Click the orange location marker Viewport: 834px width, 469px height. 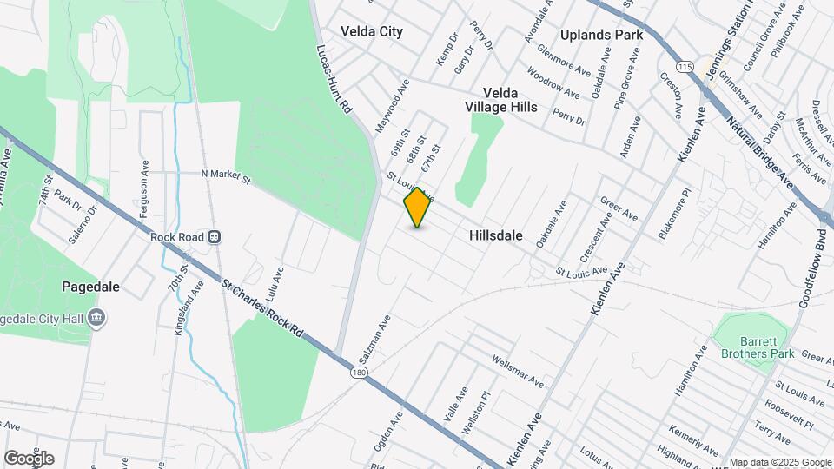[418, 208]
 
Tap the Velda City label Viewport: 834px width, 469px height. [372, 31]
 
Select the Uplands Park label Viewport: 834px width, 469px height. [601, 35]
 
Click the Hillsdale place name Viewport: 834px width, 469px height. [495, 235]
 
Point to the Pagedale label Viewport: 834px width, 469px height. [90, 286]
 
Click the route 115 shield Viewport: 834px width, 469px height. [686, 67]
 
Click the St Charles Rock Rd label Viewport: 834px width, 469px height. [262, 307]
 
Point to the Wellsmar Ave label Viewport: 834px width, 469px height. [517, 371]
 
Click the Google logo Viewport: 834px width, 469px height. [30, 459]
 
